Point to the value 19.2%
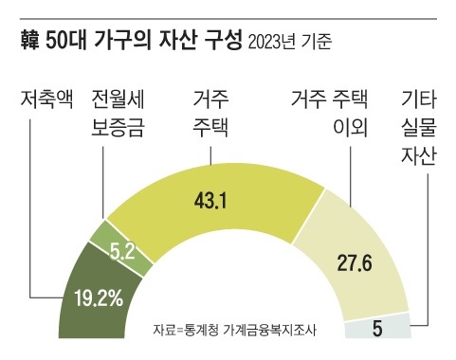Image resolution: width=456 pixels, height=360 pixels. (99, 300)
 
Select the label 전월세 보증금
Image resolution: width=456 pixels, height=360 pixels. (118, 114)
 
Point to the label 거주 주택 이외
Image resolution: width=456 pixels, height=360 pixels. (337, 114)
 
